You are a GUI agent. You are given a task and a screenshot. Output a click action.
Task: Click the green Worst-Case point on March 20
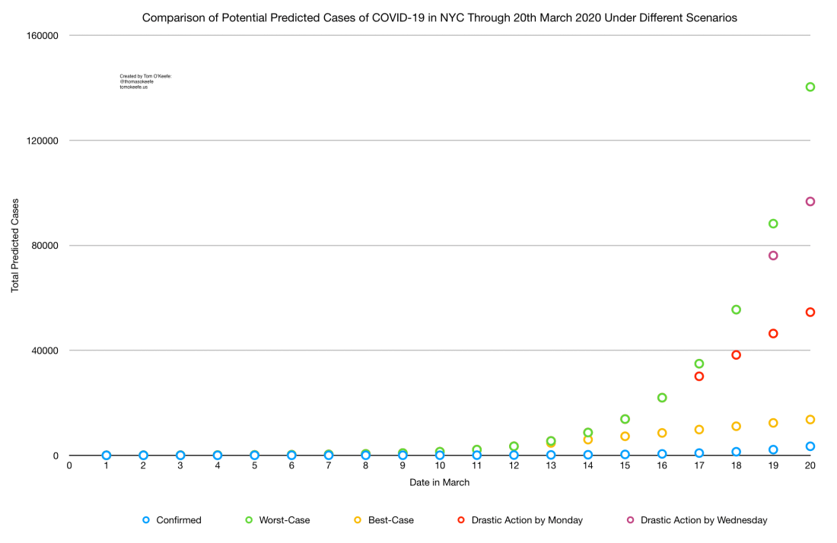point(810,87)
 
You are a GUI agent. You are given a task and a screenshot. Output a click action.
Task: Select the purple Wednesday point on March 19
point(773,256)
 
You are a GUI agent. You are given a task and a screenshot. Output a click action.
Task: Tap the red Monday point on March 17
point(699,376)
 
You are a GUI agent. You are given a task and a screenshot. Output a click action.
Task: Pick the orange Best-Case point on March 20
point(810,420)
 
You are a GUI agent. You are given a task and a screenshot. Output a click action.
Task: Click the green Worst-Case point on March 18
point(736,310)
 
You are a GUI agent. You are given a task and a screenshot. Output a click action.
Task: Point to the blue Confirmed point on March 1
point(107,456)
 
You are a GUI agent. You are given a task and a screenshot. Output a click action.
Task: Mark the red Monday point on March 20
point(810,312)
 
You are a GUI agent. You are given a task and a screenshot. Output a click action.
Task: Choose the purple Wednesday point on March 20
point(810,202)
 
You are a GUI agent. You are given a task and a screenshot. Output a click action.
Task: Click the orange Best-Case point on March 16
point(662,433)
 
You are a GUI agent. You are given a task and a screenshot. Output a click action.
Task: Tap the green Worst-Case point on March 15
point(625,419)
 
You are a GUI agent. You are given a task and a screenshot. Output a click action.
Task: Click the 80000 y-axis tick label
point(45,246)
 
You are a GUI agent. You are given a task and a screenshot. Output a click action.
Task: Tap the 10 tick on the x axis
point(440,466)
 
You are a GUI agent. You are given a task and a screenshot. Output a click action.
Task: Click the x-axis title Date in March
point(440,482)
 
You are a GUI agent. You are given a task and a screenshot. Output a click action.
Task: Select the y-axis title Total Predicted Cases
point(15,246)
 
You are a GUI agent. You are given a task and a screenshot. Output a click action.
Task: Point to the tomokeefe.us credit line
point(133,87)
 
